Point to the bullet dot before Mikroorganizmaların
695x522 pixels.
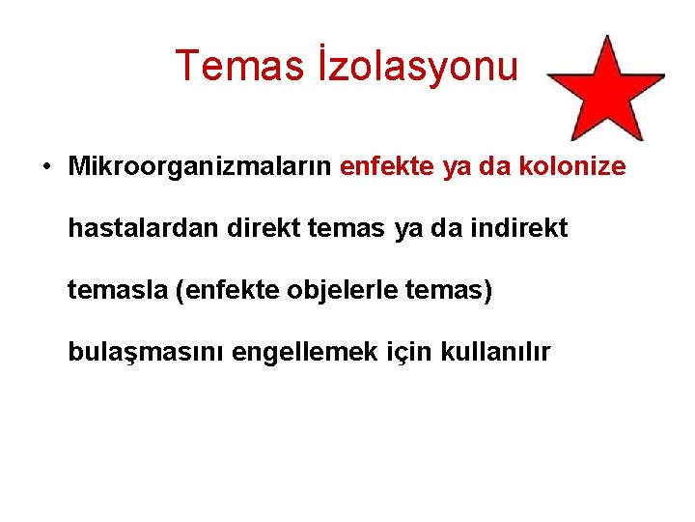coord(45,166)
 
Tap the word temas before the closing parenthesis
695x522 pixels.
coord(453,291)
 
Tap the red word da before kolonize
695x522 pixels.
coord(494,166)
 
